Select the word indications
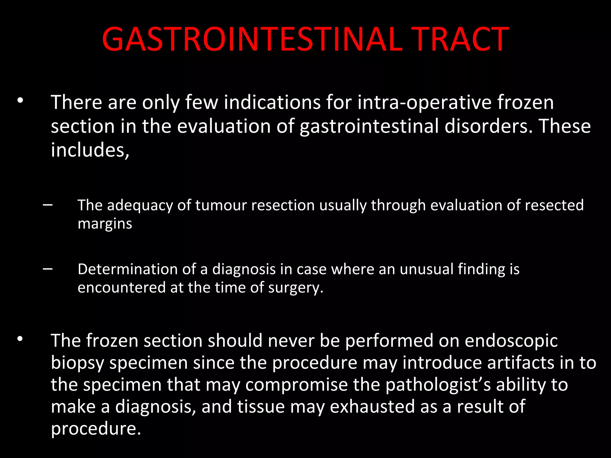click(x=272, y=103)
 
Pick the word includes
click(x=90, y=150)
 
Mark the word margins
click(x=105, y=224)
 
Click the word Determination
click(x=127, y=269)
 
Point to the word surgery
click(x=295, y=288)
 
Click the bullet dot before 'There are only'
click(x=20, y=100)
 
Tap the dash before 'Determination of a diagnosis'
click(x=48, y=269)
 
